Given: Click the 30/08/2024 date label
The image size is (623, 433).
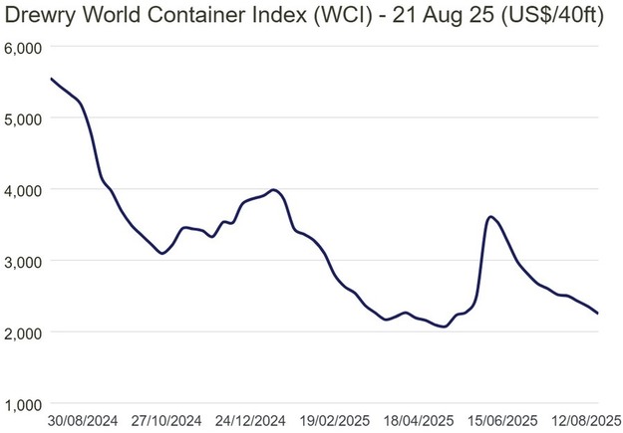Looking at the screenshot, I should [83, 420].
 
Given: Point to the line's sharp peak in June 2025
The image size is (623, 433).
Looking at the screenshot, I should [490, 216].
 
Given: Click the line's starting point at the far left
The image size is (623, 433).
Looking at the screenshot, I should [51, 79].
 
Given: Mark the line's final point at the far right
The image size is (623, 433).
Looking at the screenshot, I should [598, 314].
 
